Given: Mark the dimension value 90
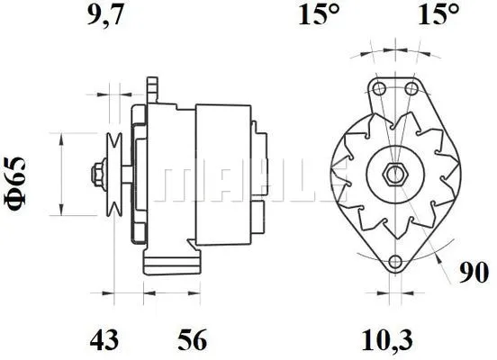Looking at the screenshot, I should [474, 272].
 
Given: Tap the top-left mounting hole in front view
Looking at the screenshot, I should [377, 88].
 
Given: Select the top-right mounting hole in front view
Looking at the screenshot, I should [411, 88].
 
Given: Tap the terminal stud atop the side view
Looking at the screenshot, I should [153, 88].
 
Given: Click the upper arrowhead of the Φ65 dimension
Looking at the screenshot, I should [61, 138].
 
